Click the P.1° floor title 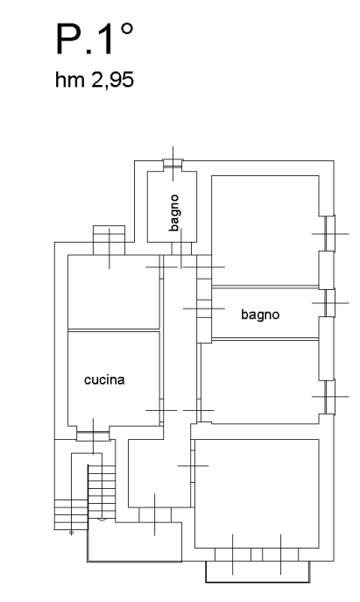coord(95,39)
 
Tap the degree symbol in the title coord(128,29)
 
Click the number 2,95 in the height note coord(112,81)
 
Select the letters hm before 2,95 coord(70,80)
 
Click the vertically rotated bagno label coord(174,213)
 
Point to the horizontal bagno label coord(260,315)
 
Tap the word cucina coord(104,379)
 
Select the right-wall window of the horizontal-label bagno coord(330,303)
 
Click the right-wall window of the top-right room coord(330,233)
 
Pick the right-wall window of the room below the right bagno coord(330,397)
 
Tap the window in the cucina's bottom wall coord(93,436)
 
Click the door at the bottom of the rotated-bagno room coord(181,249)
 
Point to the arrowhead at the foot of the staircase coord(102,520)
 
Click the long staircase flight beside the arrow coord(102,492)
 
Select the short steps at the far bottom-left coord(71,514)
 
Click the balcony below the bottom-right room coord(258,571)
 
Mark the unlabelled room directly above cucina coord(114,292)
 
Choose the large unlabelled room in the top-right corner coord(265,230)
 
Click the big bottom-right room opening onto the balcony coord(257,493)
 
